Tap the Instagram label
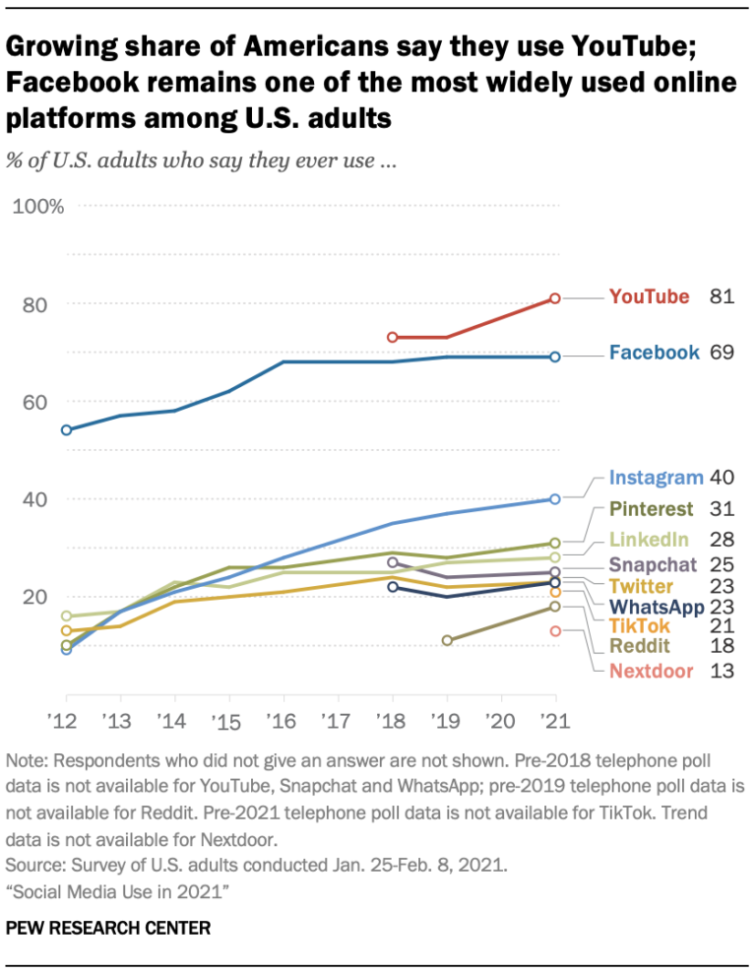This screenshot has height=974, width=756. point(656,478)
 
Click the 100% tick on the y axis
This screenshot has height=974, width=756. point(39,206)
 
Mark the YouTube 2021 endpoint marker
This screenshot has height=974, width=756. point(555,297)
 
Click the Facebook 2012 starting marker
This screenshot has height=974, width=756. point(66,430)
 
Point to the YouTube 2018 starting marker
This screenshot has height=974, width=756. point(392,337)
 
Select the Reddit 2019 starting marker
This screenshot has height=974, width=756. point(447,640)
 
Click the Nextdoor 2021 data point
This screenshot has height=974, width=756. point(555,630)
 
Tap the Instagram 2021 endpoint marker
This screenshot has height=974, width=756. point(555,498)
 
